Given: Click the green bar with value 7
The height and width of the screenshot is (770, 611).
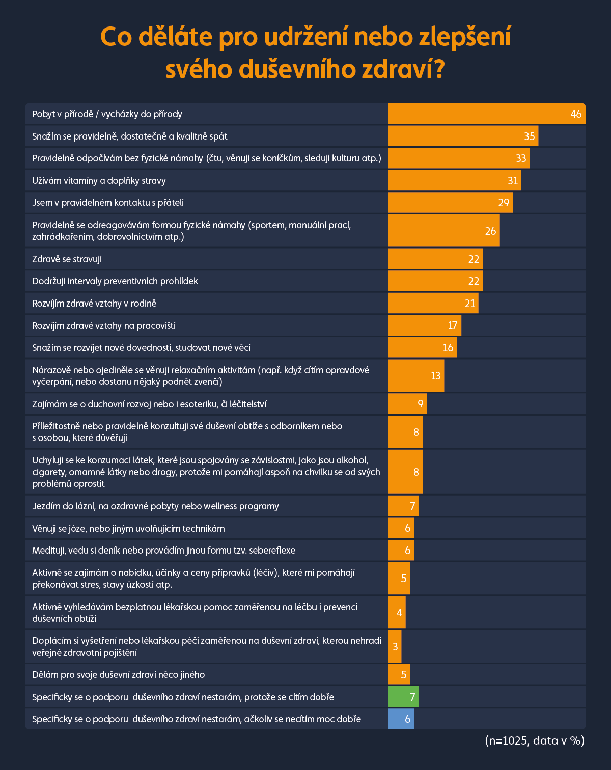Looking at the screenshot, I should point(403,697).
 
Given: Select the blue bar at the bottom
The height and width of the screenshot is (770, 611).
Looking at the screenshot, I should point(401,719).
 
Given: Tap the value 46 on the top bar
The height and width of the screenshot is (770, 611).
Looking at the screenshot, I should point(576,114).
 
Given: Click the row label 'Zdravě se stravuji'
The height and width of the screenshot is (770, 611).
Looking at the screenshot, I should point(67,259).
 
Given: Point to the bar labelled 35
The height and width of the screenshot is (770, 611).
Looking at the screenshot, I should point(463,136).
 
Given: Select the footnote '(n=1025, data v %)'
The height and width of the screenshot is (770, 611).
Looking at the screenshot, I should point(535,740).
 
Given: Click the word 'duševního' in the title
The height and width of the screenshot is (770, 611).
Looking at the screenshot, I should point(297,69).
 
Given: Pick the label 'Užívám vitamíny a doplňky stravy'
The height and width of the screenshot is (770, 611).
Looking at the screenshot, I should point(99,181).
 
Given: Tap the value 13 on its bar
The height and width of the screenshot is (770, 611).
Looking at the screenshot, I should point(436,376).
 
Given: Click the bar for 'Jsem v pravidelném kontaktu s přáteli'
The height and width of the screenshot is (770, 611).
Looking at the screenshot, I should point(450,203).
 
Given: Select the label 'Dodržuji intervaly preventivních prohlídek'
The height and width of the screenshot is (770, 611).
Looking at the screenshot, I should point(115,281).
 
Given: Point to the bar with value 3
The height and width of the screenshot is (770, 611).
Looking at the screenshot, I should point(395,647).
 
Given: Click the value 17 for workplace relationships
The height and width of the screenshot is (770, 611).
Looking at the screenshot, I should point(453,325).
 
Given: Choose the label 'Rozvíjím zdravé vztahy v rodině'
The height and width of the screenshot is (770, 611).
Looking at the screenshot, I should point(94,304).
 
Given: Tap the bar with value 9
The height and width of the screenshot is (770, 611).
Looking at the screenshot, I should point(407,404).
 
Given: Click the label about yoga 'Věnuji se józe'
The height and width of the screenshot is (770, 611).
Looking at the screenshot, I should point(128,529).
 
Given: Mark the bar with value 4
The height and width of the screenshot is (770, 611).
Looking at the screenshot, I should point(397,613).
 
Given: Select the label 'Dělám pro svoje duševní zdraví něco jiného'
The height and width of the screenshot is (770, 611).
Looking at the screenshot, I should point(119,675).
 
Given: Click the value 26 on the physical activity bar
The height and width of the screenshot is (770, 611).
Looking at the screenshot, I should point(490,231).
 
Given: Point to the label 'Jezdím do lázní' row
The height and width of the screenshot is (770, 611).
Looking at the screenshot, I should point(155,506).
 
